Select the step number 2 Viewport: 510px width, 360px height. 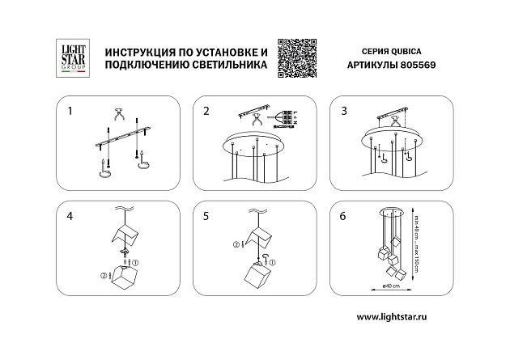[206, 109]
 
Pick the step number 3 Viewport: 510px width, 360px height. [343, 109]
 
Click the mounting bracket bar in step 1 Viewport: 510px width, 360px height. [121, 135]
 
